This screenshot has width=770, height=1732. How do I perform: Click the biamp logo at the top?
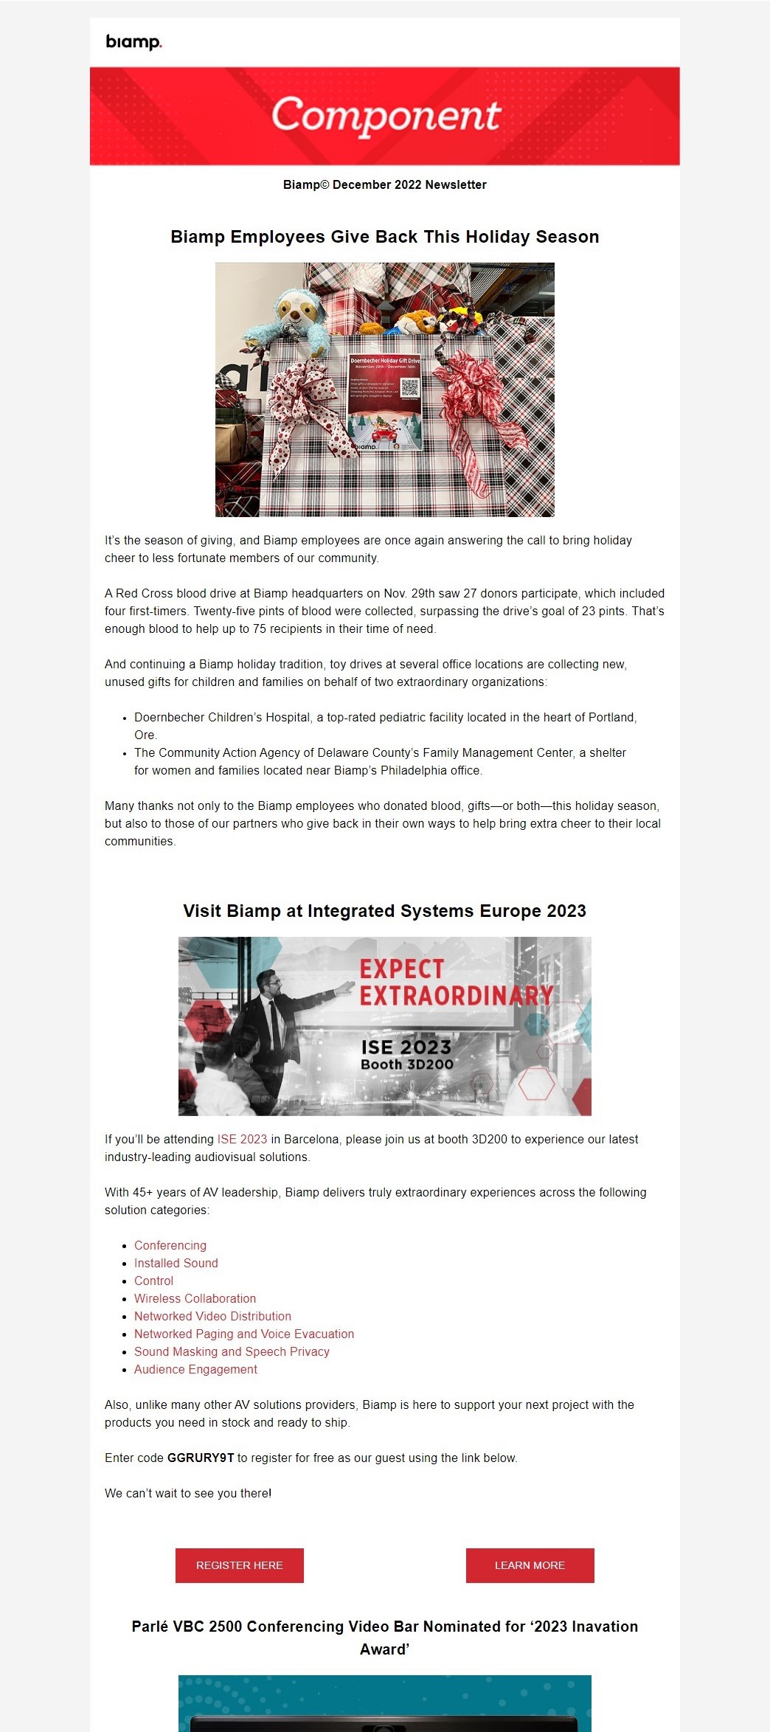[133, 42]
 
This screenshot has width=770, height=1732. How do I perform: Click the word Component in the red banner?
[386, 116]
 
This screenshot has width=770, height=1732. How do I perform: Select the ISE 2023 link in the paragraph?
[242, 1139]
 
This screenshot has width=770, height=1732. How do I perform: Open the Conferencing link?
[170, 1245]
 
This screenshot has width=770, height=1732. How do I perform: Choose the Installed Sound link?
[176, 1263]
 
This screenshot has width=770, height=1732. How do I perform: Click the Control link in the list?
[153, 1281]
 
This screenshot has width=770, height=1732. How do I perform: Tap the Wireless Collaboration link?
[195, 1298]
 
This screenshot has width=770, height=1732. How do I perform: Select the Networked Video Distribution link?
[212, 1316]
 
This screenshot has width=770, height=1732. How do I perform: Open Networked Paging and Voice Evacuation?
[244, 1334]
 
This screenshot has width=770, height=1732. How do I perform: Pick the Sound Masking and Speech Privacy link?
[232, 1351]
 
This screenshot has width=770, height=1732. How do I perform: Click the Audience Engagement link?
[195, 1369]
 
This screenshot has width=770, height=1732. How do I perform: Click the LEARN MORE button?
[530, 1565]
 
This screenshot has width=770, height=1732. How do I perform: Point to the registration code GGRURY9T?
[201, 1458]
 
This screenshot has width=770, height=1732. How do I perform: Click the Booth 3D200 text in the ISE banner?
[406, 1064]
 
